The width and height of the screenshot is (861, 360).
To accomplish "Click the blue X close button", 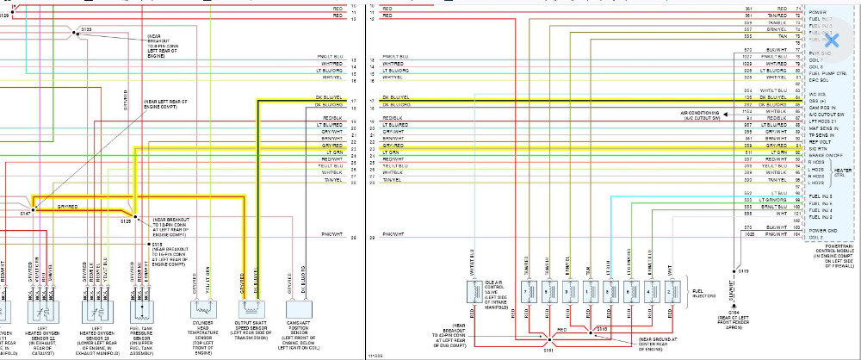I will tap(832, 40).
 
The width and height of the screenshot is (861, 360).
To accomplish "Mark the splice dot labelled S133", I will tap(73, 30).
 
